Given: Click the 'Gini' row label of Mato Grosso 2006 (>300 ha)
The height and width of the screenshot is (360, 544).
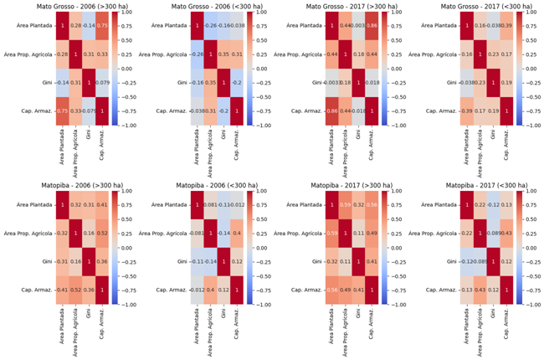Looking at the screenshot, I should [x=46, y=84].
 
